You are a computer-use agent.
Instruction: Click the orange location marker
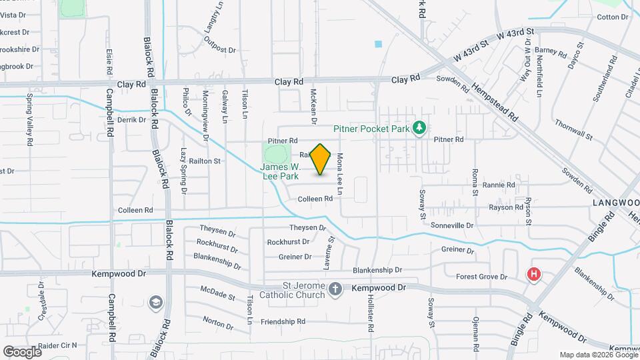point(321,159)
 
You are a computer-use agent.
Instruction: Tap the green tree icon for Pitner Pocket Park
point(419,127)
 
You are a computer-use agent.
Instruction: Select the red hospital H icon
point(533,274)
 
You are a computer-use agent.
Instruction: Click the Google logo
point(21,351)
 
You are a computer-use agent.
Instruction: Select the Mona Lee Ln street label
point(340,174)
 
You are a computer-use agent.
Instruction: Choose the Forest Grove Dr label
point(481,277)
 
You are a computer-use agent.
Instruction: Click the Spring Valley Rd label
point(29,120)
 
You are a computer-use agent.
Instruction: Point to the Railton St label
point(205,161)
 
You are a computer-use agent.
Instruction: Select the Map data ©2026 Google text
point(597,354)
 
